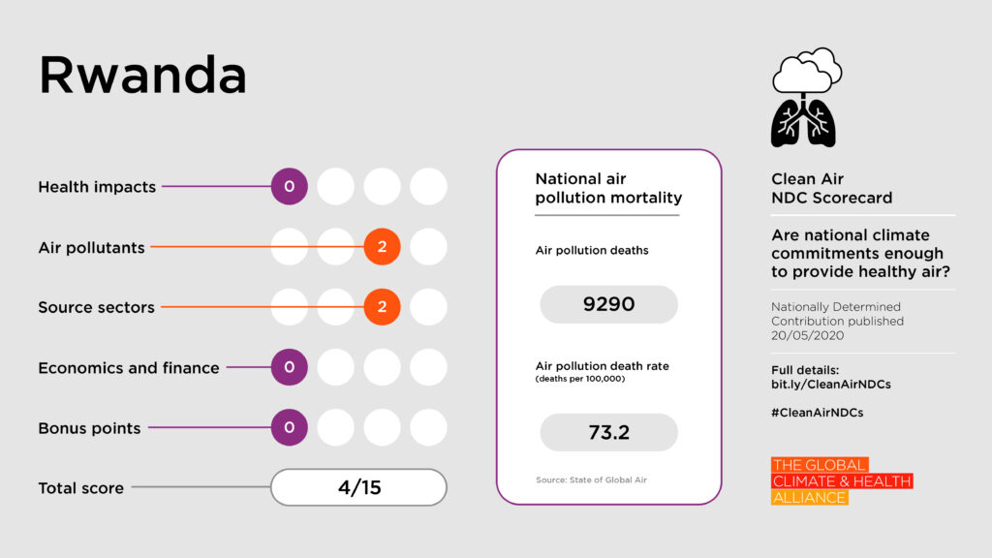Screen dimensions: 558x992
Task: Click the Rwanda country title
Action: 142,76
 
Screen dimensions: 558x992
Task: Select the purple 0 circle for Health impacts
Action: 289,187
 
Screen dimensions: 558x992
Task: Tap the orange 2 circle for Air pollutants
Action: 382,247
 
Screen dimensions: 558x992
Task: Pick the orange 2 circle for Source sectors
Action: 382,307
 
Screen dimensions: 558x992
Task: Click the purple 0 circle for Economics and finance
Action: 289,367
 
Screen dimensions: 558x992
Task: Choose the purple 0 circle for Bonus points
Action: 289,427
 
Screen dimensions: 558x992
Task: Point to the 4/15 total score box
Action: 358,487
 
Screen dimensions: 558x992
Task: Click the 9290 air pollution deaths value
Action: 608,304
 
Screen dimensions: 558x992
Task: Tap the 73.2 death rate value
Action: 608,432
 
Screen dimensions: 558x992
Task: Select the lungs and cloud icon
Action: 805,98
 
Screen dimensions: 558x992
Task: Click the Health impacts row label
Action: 97,187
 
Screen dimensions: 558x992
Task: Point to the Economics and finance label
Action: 129,368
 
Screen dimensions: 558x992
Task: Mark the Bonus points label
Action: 89,428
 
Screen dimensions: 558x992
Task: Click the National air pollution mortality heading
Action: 607,189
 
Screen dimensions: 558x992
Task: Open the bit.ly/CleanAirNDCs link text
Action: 830,385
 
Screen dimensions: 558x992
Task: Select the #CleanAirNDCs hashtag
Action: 817,412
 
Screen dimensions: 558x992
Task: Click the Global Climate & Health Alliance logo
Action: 841,481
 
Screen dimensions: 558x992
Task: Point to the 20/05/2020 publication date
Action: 808,335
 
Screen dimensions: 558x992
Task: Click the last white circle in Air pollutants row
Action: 428,247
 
